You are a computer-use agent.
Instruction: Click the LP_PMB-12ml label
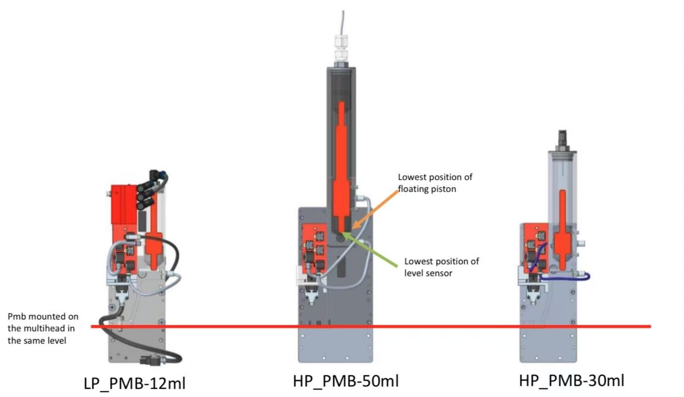pyautogui.click(x=134, y=383)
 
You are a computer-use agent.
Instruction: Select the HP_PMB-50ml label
pyautogui.click(x=346, y=381)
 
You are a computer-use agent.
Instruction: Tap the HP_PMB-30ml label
pyautogui.click(x=571, y=381)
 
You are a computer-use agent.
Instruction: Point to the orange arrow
pyautogui.click(x=376, y=209)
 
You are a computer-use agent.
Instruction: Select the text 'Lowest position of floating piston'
pyautogui.click(x=435, y=183)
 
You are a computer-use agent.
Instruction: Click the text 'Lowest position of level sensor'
pyautogui.click(x=441, y=267)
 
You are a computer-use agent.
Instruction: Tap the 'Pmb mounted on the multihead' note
pyautogui.click(x=43, y=328)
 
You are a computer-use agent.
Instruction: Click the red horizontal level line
pyautogui.click(x=420, y=326)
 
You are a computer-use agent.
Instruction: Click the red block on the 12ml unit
pyautogui.click(x=123, y=204)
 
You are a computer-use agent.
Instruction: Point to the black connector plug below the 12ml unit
pyautogui.click(x=151, y=360)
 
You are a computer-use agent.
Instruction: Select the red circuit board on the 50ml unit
pyautogui.click(x=314, y=248)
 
